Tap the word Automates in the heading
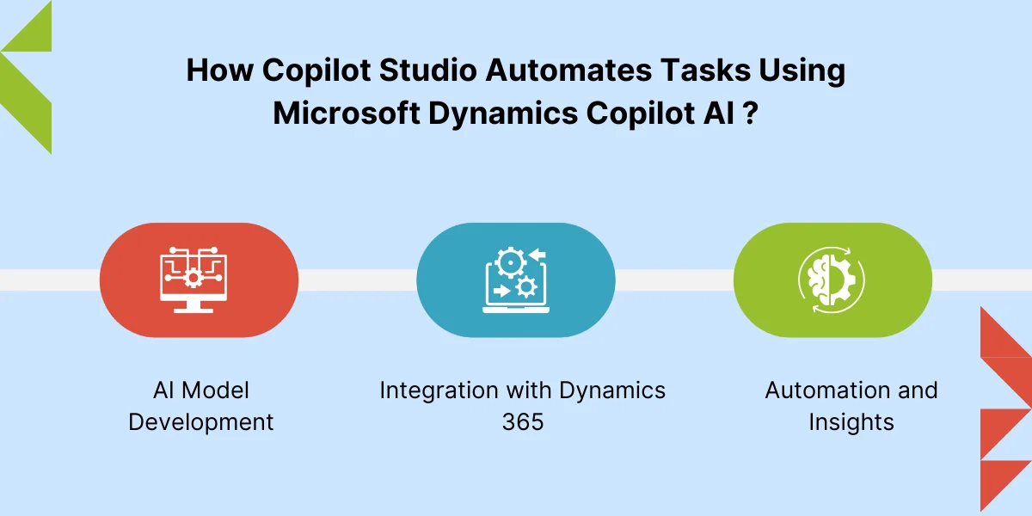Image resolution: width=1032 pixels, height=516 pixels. (x=568, y=71)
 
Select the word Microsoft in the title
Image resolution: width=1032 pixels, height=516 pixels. (x=347, y=113)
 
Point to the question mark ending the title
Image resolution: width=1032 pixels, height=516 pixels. (x=751, y=113)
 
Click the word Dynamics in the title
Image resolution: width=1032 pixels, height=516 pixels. (x=503, y=114)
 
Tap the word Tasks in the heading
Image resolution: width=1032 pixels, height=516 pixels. (x=705, y=71)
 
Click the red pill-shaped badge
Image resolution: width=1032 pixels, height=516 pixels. (x=199, y=280)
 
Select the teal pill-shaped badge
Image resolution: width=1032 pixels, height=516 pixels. (x=516, y=280)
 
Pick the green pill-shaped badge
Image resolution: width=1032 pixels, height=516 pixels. (x=833, y=280)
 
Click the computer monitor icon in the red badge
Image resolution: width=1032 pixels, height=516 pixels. (x=193, y=280)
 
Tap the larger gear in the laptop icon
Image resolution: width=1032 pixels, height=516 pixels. (x=510, y=262)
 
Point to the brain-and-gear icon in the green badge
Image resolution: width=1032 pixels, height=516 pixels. (x=832, y=280)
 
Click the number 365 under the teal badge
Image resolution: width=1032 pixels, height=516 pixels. (x=523, y=422)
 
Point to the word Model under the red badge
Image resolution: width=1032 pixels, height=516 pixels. (x=215, y=390)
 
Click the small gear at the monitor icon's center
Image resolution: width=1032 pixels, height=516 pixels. (x=193, y=278)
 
